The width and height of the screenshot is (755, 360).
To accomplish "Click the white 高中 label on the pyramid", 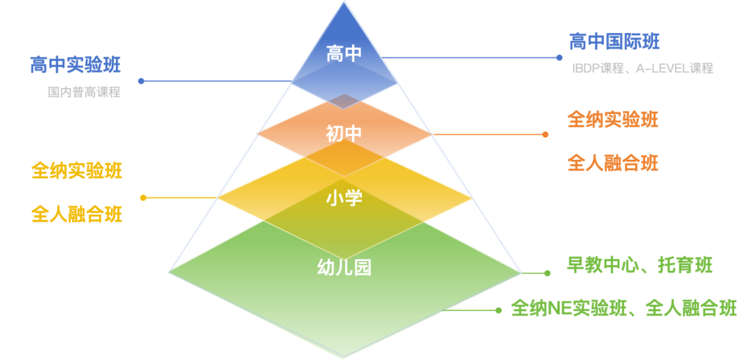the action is (x=344, y=53).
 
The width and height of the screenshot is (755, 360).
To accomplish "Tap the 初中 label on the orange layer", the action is (x=344, y=133).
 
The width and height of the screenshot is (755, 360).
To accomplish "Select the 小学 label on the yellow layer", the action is (x=344, y=198).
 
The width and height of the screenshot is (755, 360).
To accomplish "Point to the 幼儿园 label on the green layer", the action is (x=344, y=268).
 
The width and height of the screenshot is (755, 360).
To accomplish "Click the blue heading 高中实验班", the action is (x=75, y=65).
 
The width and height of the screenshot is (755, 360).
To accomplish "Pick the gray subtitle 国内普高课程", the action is (x=84, y=92).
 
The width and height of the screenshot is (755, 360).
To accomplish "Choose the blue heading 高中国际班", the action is (x=614, y=42).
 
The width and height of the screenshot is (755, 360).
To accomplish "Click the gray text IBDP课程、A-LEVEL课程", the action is (x=642, y=68).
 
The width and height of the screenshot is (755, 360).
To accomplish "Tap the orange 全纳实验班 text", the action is (x=613, y=120).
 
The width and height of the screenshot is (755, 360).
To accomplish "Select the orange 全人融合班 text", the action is (x=613, y=164).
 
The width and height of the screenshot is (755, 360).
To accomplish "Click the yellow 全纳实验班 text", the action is (x=77, y=171).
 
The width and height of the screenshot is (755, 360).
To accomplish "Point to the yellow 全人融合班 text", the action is (x=77, y=214).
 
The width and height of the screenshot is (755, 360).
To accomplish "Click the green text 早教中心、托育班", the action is (x=639, y=266).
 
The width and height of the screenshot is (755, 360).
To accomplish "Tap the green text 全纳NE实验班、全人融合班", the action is (x=624, y=308).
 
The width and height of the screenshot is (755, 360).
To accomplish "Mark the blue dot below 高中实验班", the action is (x=141, y=81).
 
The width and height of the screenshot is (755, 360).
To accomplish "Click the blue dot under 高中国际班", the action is (x=559, y=58).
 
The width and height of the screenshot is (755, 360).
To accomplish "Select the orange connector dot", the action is (x=545, y=135).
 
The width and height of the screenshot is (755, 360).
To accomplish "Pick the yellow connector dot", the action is (x=143, y=198).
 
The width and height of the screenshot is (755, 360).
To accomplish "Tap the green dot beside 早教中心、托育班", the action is (x=547, y=273).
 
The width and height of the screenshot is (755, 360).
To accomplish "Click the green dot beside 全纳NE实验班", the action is (x=499, y=310).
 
